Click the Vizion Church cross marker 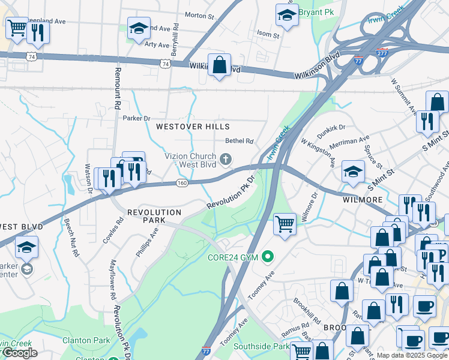pyautogui.click(x=226, y=159)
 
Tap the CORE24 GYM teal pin pyautogui.click(x=268, y=257)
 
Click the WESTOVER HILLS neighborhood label pyautogui.click(x=193, y=127)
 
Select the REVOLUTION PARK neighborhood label pyautogui.click(x=154, y=216)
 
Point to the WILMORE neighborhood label pyautogui.click(x=363, y=199)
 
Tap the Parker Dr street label pyautogui.click(x=136, y=118)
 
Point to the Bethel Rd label pyautogui.click(x=240, y=141)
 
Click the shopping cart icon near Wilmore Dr pyautogui.click(x=285, y=224)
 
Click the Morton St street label pyautogui.click(x=199, y=15)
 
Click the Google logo pyautogui.click(x=19, y=353)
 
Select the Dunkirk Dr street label pyautogui.click(x=332, y=127)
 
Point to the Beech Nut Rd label pyautogui.click(x=71, y=237)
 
